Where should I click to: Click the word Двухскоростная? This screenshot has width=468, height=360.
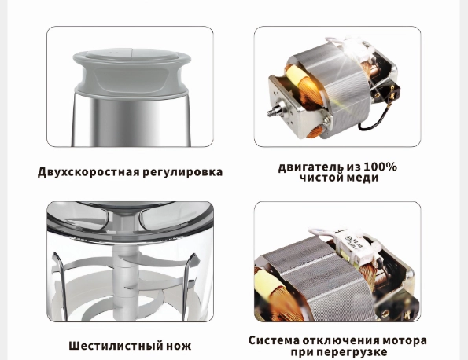[x=85, y=172]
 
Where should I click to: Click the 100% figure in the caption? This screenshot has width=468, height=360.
[x=380, y=167]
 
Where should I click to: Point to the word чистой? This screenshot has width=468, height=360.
[x=318, y=178]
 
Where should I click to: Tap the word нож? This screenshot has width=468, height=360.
[x=178, y=346]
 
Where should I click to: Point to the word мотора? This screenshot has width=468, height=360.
[x=402, y=340]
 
